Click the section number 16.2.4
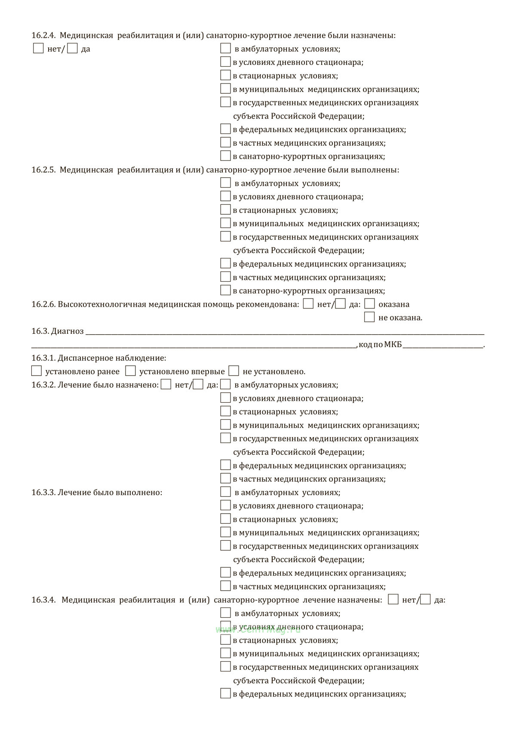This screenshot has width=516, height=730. tap(43, 36)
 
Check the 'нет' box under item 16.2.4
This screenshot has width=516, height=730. tap(38, 48)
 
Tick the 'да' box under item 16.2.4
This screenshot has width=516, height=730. tap(72, 48)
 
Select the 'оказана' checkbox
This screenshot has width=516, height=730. tap(369, 304)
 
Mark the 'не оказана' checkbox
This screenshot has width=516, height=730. tap(369, 317)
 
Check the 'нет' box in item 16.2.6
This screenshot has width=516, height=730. tap(308, 304)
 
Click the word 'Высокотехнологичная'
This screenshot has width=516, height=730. tap(102, 305)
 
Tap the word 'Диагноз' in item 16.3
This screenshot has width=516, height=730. tap(67, 331)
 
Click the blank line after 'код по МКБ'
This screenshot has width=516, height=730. tap(443, 344)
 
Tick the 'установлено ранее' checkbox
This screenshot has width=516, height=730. tap(37, 371)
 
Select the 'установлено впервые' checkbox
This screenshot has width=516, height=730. tap(130, 371)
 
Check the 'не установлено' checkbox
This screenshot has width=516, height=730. tap(234, 371)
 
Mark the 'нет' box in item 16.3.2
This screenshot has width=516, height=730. tap(166, 384)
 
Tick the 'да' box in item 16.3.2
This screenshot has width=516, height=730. tap(198, 384)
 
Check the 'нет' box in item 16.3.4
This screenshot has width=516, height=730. tap(393, 599)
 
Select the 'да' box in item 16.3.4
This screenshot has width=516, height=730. tap(425, 599)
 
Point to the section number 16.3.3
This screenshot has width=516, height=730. tap(43, 493)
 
